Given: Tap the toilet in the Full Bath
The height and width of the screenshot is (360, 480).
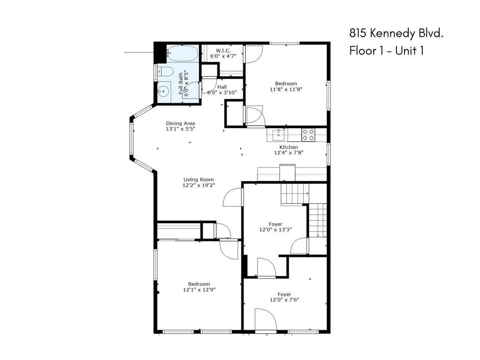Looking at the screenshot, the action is pos(165,71).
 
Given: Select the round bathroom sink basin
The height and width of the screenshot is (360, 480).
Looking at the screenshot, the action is pos(163,91).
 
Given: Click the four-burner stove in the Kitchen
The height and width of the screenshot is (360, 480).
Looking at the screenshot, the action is pos(308,135).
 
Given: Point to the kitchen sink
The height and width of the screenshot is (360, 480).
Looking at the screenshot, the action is pos(278,135).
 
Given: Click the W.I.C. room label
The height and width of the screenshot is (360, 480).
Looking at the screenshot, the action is pos(223,51).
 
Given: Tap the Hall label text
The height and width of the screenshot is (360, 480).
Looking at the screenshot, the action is pos(222,87).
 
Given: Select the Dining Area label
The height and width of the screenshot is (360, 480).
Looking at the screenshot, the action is pos(180,123).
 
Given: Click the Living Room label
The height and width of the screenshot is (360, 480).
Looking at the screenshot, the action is pos(198,180).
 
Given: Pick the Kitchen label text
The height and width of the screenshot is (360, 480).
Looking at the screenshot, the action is pos(289,147).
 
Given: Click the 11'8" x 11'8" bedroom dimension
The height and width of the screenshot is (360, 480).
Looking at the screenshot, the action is pos(286,89).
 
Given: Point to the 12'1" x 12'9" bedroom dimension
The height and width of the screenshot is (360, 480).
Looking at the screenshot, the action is pos(199,289).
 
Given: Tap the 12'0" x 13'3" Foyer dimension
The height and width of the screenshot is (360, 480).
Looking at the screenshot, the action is pos(275,229).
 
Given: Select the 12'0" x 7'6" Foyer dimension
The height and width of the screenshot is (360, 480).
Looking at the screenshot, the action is pos(284,300).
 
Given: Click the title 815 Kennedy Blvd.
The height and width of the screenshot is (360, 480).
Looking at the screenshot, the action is pos(396,34).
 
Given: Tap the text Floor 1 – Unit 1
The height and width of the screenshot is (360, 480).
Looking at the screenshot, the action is pos(387,51).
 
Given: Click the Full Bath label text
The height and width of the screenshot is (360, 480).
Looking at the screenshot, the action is pos(181,84).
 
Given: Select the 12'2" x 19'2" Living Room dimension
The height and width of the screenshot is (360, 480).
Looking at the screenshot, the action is pos(199,185).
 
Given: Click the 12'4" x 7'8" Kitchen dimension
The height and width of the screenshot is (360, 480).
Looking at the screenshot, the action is pos(289,153).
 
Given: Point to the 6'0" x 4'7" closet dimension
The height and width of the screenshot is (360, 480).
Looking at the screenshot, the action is pos(223,56).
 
